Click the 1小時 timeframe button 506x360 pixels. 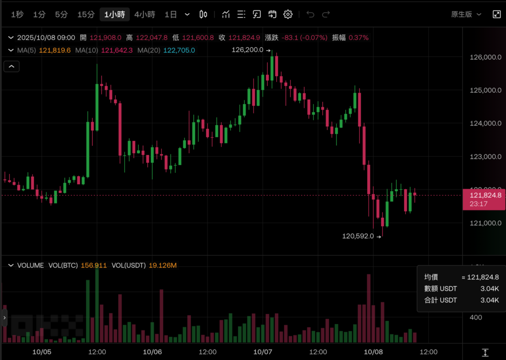tap(115, 14)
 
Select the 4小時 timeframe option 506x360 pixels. tap(145, 14)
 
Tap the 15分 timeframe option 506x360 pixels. tap(86, 14)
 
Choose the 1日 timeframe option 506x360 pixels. tap(170, 14)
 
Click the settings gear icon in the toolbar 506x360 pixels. tap(288, 14)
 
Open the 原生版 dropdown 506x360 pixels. tap(466, 14)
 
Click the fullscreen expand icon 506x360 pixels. tap(497, 14)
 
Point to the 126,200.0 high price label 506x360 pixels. tap(248, 50)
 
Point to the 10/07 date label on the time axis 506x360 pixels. tap(263, 352)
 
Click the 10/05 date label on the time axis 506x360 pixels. tap(42, 352)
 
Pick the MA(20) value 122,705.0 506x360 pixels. tap(179, 50)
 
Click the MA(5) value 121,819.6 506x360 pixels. tap(55, 50)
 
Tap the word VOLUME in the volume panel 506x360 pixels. tap(31, 266)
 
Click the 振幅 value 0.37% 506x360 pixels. tap(358, 38)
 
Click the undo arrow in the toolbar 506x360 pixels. tap(310, 14)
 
